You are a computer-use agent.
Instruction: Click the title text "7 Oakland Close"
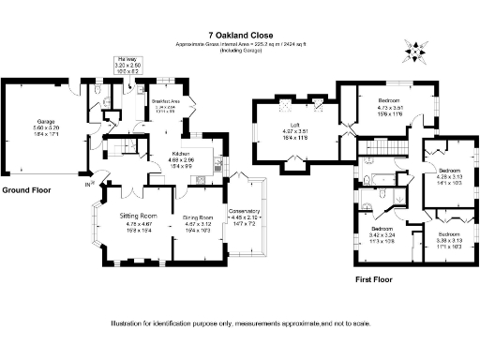[240, 36]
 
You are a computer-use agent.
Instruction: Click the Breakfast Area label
[165, 102]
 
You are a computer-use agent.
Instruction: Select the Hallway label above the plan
[127, 58]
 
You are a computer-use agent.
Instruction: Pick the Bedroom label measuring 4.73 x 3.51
[389, 99]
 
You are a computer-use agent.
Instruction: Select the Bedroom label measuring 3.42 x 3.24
[381, 229]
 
